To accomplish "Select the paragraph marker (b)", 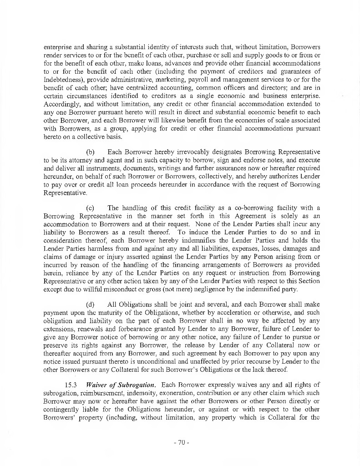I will [90, 152].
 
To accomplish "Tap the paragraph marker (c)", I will [90, 208].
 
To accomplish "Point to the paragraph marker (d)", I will [90, 304].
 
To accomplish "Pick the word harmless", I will [93, 248].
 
